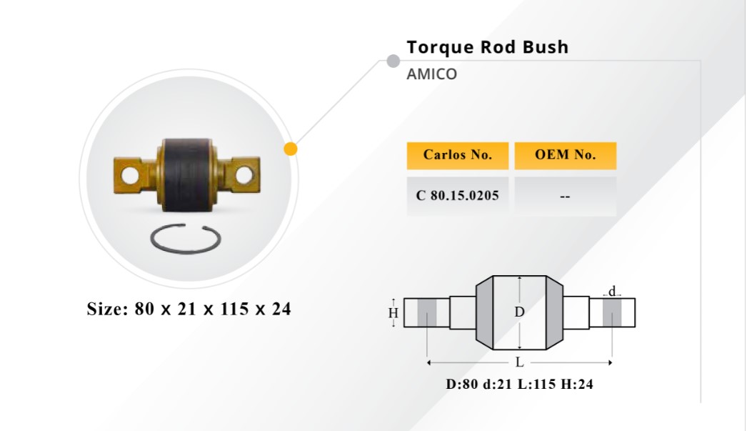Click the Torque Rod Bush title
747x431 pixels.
coord(487,48)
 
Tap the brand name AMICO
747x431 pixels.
coord(431,74)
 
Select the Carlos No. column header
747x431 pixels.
coord(457,155)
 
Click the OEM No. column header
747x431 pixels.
coord(565,155)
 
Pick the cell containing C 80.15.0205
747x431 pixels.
coord(457,196)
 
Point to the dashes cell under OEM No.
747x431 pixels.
coord(565,196)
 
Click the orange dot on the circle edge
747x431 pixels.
coord(291,149)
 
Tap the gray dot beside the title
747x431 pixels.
coord(393,61)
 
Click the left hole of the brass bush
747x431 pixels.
coord(129,175)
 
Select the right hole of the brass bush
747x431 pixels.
coord(244,175)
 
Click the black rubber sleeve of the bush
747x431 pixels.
coord(186,174)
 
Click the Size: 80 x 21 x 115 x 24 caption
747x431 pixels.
coord(189,309)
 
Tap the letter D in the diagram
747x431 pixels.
coord(519,312)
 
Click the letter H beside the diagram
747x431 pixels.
coord(393,313)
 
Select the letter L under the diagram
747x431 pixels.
coord(519,363)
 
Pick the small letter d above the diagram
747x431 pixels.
coord(612,290)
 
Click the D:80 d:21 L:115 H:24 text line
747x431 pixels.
coord(519,384)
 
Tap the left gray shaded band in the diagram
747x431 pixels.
coord(427,313)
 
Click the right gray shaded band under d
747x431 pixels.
coord(612,313)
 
